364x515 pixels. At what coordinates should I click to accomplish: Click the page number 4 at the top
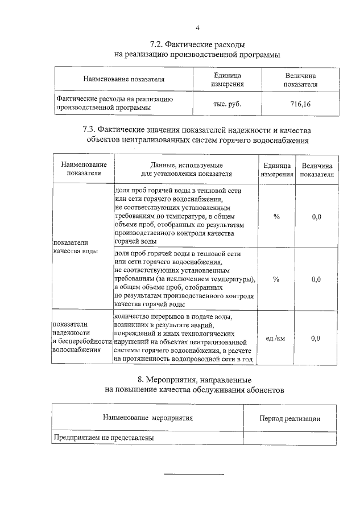click(x=197, y=28)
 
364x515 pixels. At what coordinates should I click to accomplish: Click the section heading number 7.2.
click(x=157, y=43)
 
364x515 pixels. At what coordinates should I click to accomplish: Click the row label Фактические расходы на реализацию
click(x=114, y=99)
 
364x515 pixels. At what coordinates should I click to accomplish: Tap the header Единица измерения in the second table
click(x=276, y=169)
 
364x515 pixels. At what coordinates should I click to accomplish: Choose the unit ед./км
click(x=276, y=338)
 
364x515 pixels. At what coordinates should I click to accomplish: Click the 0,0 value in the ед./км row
click(x=316, y=338)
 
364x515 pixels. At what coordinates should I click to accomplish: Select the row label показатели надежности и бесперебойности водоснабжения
click(x=80, y=337)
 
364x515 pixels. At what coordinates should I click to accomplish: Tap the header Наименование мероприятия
click(x=148, y=418)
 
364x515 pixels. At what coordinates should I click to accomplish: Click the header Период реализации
click(x=289, y=418)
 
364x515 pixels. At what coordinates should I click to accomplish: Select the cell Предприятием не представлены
click(x=104, y=438)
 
